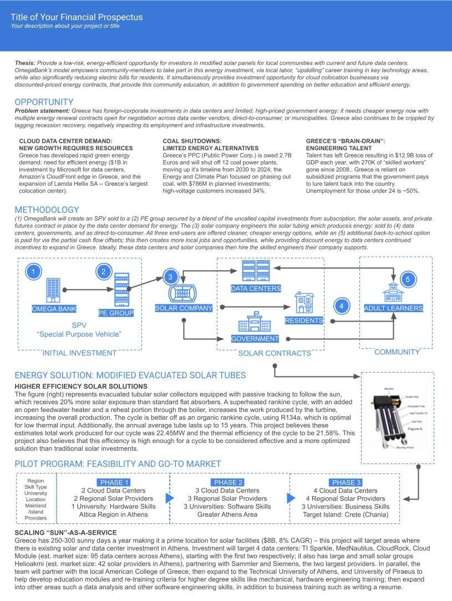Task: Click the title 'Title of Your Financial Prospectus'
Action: point(77,17)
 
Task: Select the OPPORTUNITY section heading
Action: point(44,102)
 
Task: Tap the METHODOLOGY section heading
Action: point(47,210)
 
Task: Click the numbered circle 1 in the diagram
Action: point(34,272)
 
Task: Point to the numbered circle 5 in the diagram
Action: point(408,279)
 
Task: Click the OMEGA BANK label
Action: point(54,309)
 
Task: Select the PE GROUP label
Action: point(116,313)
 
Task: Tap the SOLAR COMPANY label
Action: point(184,308)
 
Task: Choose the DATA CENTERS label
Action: point(256,288)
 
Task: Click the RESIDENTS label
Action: point(304,320)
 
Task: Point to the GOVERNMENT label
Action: point(255,339)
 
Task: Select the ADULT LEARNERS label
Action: point(393,308)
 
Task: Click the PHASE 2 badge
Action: point(228,482)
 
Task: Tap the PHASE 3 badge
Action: point(346,482)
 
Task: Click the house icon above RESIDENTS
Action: point(304,303)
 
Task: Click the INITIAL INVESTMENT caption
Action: point(79,353)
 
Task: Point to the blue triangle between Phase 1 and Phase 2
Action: point(170,498)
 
